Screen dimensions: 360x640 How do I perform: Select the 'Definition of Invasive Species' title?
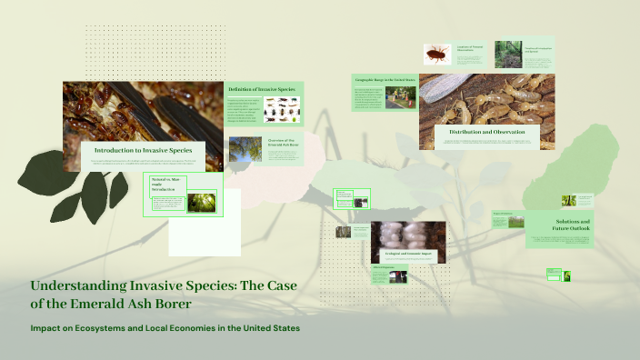tap(264, 88)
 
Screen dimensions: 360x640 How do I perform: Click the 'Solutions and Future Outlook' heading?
tap(573, 225)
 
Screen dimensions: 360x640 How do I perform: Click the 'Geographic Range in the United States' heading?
tap(385, 80)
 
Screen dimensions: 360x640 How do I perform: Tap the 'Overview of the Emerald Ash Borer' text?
tap(284, 144)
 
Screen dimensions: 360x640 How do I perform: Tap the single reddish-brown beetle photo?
tap(437, 55)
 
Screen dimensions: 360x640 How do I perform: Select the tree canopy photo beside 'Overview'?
tap(245, 149)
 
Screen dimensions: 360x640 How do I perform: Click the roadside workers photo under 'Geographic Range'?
tap(401, 97)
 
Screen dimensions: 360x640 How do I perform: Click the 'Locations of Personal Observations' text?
tap(472, 47)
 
